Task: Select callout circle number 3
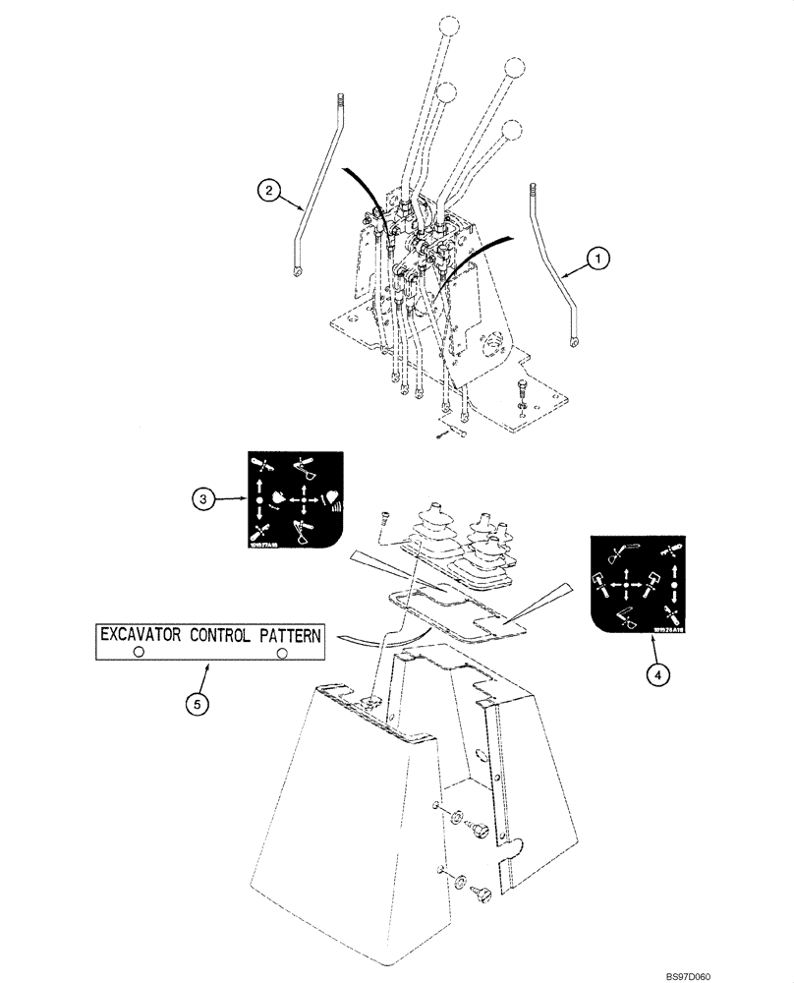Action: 203,499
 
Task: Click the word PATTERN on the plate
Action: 282,635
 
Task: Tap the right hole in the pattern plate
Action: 282,653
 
